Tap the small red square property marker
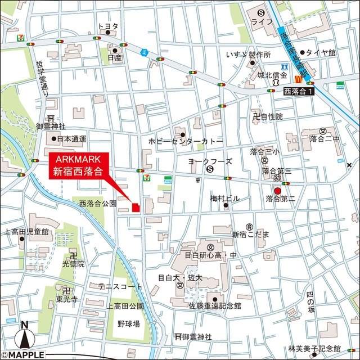pyautogui.click(x=136, y=208)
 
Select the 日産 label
pyautogui.click(x=114, y=57)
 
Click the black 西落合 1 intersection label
pyautogui.click(x=298, y=91)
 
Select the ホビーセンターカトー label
pyautogui.click(x=186, y=142)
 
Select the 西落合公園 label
pyautogui.click(x=97, y=203)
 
